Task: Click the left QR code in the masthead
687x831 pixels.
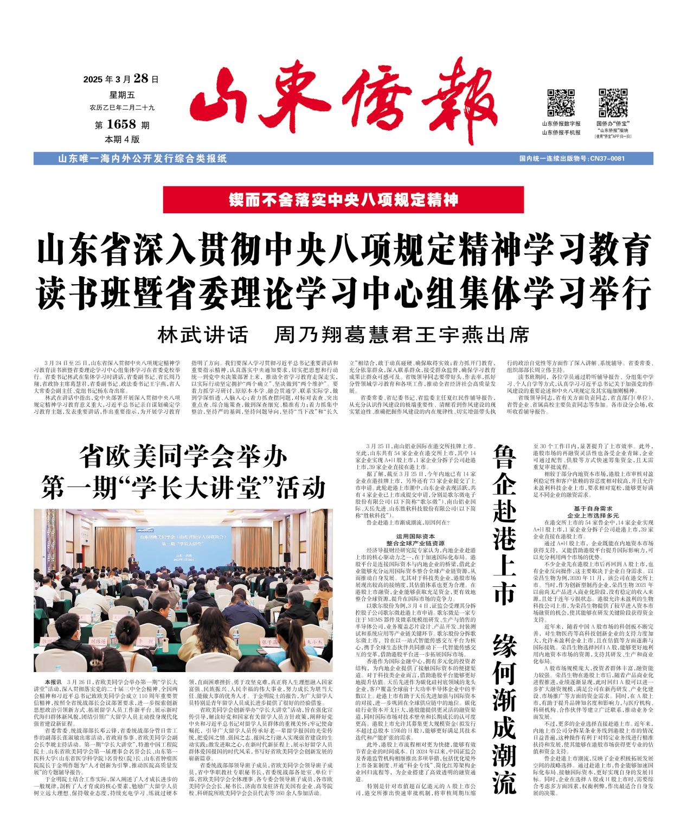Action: [560, 103]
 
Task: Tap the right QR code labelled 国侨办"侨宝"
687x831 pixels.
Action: [612, 103]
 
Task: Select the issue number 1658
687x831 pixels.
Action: [121, 125]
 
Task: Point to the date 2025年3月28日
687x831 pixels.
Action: [120, 79]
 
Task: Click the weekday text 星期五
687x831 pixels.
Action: [121, 94]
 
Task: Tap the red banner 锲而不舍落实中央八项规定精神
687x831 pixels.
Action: [343, 200]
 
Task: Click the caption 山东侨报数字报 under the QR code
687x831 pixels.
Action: [561, 124]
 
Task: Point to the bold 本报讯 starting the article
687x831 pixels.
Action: [53, 680]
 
